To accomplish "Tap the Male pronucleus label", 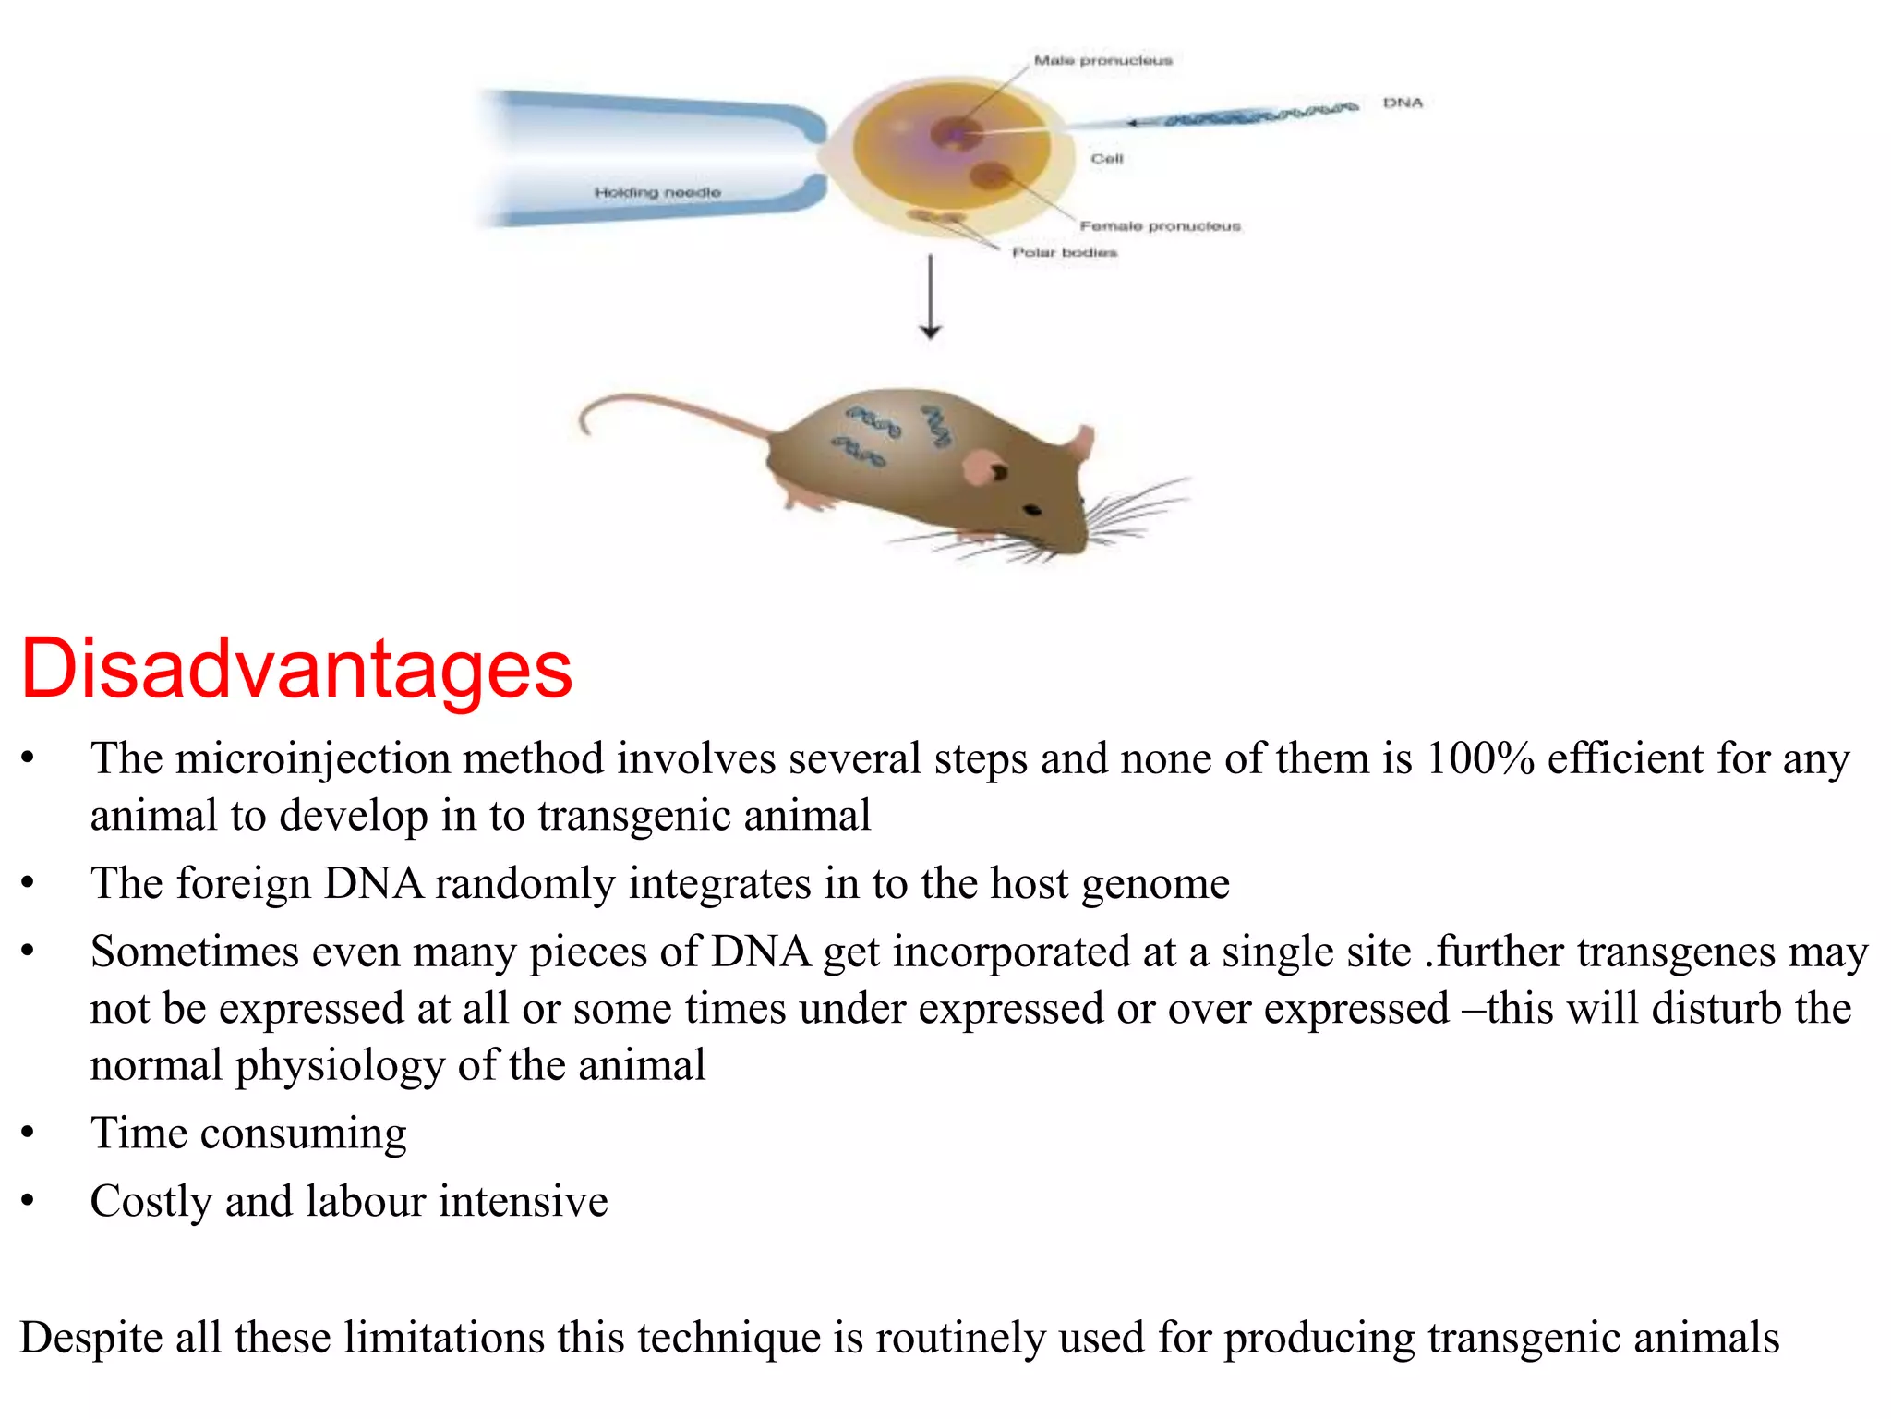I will click(1102, 61).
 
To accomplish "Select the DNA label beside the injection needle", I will click(1403, 103).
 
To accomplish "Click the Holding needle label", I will click(656, 192).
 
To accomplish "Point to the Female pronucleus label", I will click(1160, 226).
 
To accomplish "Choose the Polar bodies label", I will click(1064, 252).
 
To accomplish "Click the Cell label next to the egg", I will click(1106, 159).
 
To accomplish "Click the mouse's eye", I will click(1032, 510).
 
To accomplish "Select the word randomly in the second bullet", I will click(524, 884).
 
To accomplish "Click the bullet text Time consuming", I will click(247, 1134).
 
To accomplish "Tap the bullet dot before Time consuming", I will click(28, 1134).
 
